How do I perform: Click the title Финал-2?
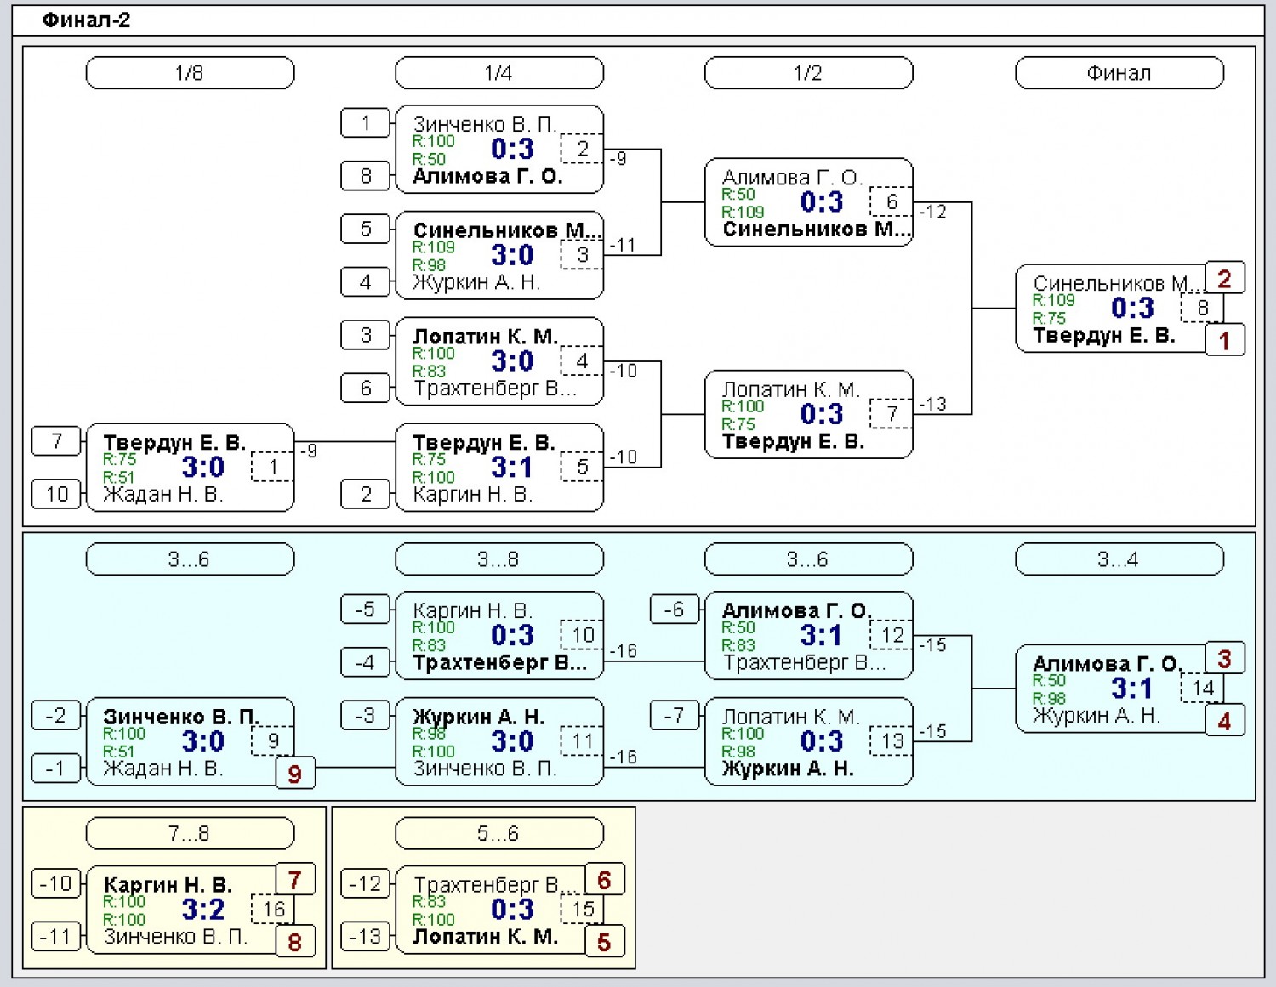86,20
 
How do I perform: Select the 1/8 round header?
190,73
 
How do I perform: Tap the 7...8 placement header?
190,832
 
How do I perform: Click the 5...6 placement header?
499,832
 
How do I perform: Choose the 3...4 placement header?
1119,559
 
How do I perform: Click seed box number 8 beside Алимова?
365,175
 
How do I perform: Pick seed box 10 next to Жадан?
56,494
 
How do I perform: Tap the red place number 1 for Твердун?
1224,340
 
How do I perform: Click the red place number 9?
295,774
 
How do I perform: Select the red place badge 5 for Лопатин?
605,942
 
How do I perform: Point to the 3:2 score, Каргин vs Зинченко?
203,910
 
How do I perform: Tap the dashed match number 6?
891,201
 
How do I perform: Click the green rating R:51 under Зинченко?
118,752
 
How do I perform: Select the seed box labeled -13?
365,937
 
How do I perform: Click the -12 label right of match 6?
933,212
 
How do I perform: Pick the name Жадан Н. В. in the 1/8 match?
163,494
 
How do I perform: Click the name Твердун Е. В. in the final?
1104,336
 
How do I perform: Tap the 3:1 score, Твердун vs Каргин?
513,467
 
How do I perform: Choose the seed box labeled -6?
674,610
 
